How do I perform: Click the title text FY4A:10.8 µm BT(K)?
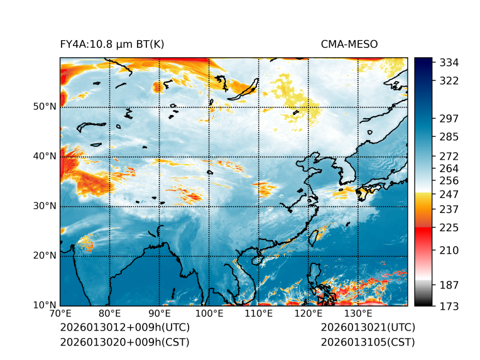click(x=112, y=44)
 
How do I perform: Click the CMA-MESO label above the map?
click(x=349, y=44)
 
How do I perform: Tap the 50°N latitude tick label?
click(x=45, y=107)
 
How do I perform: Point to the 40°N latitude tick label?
click(x=45, y=156)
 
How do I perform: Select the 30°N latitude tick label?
click(x=45, y=206)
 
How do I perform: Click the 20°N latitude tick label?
click(x=45, y=256)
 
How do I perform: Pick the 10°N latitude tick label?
click(x=45, y=305)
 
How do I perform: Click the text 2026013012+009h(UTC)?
click(x=125, y=328)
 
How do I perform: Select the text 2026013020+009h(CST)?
click(x=124, y=342)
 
